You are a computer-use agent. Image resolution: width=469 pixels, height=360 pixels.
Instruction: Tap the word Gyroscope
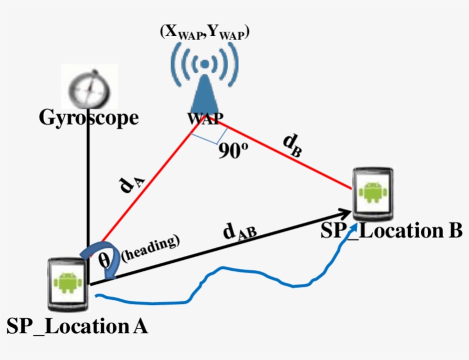(89, 118)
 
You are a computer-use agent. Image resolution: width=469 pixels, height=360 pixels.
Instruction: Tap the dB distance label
(292, 145)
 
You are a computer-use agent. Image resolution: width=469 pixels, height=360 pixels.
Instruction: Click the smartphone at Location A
(67, 282)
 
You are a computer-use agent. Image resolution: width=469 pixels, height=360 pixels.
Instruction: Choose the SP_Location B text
(391, 231)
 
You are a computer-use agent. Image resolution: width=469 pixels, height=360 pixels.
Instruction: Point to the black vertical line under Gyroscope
(89, 183)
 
